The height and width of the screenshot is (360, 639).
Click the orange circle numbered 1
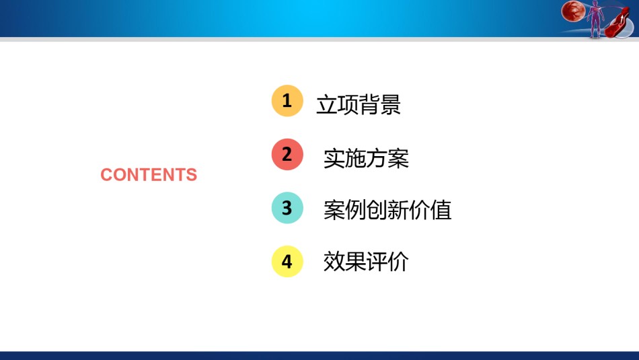(287, 101)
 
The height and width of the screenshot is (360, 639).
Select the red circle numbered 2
(287, 154)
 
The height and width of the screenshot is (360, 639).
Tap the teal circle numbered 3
(287, 208)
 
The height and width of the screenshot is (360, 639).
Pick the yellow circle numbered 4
(287, 261)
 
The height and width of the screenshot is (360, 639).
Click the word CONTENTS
(149, 174)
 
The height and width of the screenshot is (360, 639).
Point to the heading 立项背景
(359, 104)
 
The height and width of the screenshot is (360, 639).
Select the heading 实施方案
(366, 158)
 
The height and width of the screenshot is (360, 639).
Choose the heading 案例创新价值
(387, 210)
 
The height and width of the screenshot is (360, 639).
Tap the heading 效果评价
(366, 261)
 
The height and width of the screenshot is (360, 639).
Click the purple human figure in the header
(595, 19)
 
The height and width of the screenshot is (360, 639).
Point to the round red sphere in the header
(573, 11)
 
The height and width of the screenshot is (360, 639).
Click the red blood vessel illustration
(617, 24)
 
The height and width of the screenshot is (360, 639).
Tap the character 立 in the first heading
(327, 104)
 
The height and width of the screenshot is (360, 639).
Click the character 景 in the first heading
(390, 104)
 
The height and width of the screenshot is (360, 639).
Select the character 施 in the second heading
(355, 158)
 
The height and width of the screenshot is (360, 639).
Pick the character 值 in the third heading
(441, 210)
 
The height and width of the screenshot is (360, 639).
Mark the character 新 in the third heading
(398, 210)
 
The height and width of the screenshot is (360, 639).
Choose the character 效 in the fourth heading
(334, 261)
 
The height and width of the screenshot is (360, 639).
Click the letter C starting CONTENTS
(106, 174)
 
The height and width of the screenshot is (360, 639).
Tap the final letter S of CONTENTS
(192, 174)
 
